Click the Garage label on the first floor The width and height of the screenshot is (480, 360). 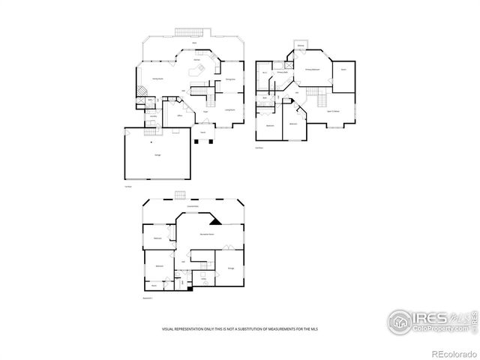[x=157, y=154]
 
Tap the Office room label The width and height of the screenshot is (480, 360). [x=180, y=116]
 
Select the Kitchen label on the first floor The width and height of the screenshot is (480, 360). [x=196, y=58]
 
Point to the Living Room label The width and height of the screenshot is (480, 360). [x=230, y=109]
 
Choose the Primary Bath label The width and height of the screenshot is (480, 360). [x=283, y=73]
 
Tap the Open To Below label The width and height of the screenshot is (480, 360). [x=334, y=110]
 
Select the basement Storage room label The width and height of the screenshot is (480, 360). [x=230, y=267]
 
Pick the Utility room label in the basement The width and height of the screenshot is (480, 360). [x=203, y=278]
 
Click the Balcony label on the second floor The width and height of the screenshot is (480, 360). [x=300, y=46]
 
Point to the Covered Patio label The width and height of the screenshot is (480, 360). [x=192, y=205]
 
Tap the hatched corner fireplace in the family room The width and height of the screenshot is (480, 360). [x=141, y=88]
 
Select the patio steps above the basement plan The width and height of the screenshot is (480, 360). [x=180, y=196]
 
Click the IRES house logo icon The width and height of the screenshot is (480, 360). [x=400, y=321]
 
